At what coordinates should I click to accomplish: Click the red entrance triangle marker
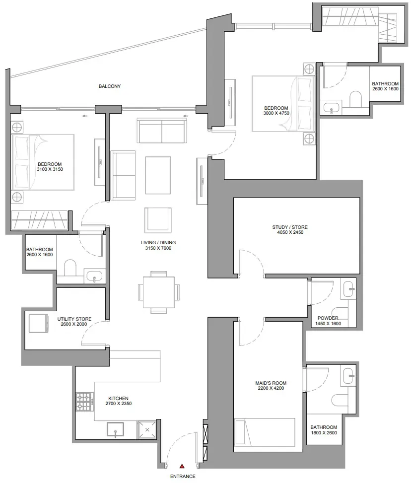pyautogui.click(x=182, y=466)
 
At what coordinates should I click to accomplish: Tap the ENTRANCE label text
pyautogui.click(x=183, y=476)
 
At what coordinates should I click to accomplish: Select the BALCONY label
pyautogui.click(x=110, y=86)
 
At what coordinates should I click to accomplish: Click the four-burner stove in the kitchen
pyautogui.click(x=85, y=402)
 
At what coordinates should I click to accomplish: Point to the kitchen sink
pyautogui.click(x=116, y=429)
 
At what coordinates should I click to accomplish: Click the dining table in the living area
pyautogui.click(x=159, y=292)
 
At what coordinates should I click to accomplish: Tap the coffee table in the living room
pyautogui.click(x=158, y=175)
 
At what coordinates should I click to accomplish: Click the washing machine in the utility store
pyautogui.click(x=39, y=323)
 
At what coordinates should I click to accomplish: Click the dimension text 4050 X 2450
pyautogui.click(x=290, y=232)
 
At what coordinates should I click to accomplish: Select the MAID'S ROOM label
pyautogui.click(x=271, y=383)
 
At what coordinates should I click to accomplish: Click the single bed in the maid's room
pyautogui.click(x=265, y=432)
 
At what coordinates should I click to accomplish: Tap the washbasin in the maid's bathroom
pyautogui.click(x=348, y=376)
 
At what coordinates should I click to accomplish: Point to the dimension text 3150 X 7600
pyautogui.click(x=158, y=248)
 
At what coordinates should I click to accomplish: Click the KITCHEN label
pyautogui.click(x=118, y=398)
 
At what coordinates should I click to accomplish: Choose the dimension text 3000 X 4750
pyautogui.click(x=276, y=113)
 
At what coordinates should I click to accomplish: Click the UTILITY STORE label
pyautogui.click(x=74, y=319)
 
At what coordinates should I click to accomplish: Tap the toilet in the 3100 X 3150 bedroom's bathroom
pyautogui.click(x=70, y=268)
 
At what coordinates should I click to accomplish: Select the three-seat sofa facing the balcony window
pyautogui.click(x=162, y=130)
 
